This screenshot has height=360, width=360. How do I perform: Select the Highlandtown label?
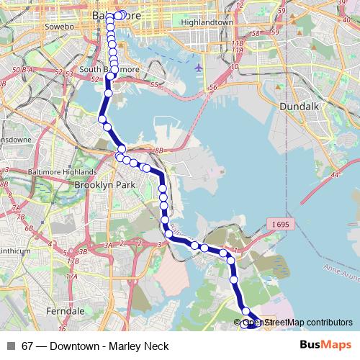[x=207, y=22]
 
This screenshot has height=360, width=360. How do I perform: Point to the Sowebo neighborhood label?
[x=60, y=26]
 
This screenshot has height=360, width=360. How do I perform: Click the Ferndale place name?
[x=65, y=310]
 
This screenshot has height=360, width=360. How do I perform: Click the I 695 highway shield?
[x=281, y=225]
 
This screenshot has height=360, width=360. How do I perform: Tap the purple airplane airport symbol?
[x=199, y=68]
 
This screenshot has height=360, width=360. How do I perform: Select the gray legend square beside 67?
[x=11, y=346]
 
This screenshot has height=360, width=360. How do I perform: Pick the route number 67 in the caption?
[x=27, y=346]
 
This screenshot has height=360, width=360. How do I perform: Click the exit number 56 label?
[x=212, y=87]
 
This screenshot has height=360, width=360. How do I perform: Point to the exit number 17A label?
[x=71, y=276]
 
